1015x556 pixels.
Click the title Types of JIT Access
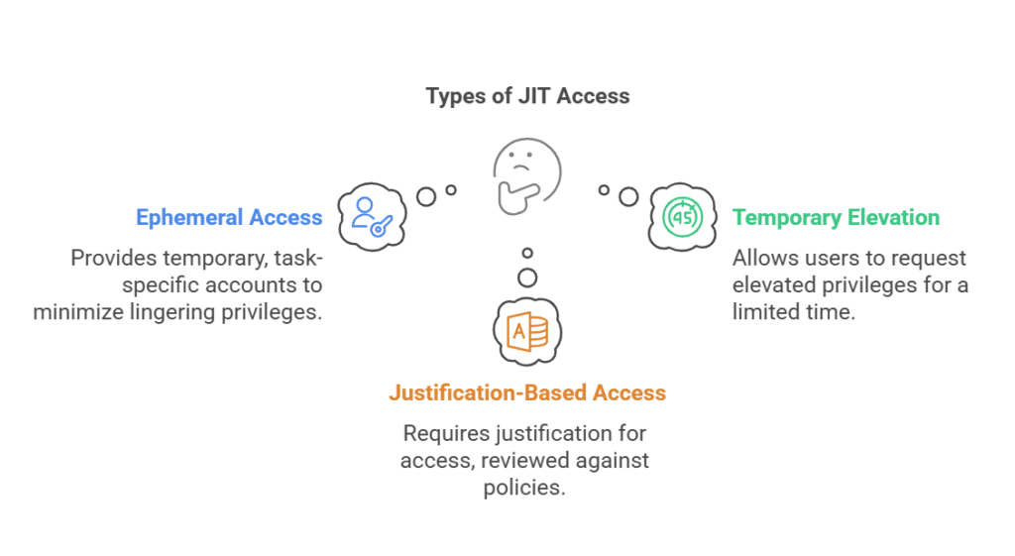pos(527,96)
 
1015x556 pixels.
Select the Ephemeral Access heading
pos(229,217)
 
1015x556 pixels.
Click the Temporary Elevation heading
pos(836,217)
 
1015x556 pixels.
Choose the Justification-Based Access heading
pos(527,392)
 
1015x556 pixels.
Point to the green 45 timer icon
pos(683,215)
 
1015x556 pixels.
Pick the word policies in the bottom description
pos(524,488)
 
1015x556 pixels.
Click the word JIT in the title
pos(536,96)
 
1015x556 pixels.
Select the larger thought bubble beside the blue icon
pos(426,196)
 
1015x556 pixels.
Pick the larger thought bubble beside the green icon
pos(628,196)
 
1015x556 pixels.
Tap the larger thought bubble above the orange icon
pos(527,277)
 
